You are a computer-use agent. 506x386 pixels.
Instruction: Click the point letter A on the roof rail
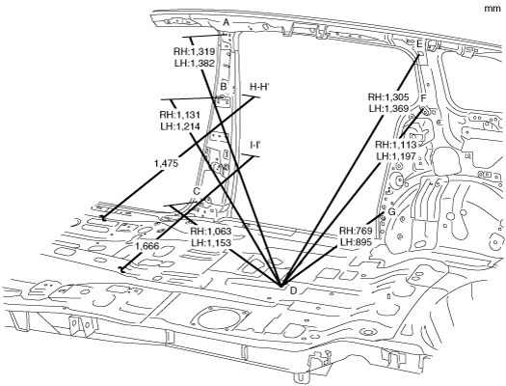226,22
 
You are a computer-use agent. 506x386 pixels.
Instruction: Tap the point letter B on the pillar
224,87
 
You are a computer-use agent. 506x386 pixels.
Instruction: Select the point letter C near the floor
197,191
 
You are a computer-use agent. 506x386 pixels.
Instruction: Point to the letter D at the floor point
293,291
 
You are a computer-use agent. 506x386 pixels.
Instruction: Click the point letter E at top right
419,44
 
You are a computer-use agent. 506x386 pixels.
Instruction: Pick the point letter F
423,98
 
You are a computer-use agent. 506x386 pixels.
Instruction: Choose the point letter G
391,212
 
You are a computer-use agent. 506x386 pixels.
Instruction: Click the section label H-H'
260,87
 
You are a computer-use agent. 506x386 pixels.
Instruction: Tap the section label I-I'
255,145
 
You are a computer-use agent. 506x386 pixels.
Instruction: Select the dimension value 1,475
166,163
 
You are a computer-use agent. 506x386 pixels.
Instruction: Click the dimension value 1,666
147,246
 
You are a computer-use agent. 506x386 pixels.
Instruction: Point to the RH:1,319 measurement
195,52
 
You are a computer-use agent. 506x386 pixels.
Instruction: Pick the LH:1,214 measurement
180,126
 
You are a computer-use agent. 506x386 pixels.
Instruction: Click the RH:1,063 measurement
211,232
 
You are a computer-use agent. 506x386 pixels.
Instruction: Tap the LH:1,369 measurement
388,108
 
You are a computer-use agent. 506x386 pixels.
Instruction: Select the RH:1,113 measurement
395,145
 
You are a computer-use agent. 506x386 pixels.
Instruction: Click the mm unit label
493,9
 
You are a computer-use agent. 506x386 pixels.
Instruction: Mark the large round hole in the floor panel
219,320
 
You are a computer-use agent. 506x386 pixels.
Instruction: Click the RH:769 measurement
356,232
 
